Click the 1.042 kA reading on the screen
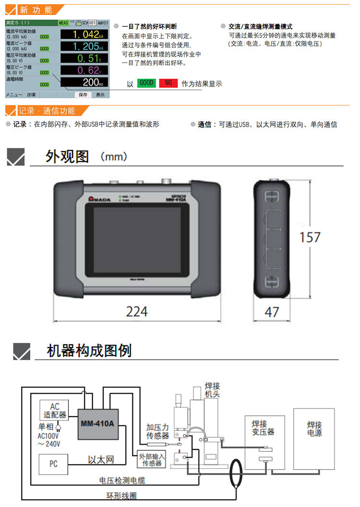[x=84, y=35]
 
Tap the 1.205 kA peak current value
[x=84, y=47]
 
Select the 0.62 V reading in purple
[x=84, y=71]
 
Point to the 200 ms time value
[x=84, y=82]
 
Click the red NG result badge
[x=168, y=83]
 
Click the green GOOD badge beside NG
[x=146, y=83]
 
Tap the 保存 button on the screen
[x=83, y=95]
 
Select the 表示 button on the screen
[x=100, y=95]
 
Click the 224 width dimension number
[x=136, y=312]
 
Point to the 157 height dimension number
[x=310, y=237]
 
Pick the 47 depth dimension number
[x=272, y=312]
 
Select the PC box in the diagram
[x=53, y=464]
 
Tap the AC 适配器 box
[x=53, y=410]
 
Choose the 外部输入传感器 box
[x=151, y=459]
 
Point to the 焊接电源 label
[x=314, y=429]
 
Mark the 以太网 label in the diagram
[x=101, y=459]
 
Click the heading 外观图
[x=67, y=157]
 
